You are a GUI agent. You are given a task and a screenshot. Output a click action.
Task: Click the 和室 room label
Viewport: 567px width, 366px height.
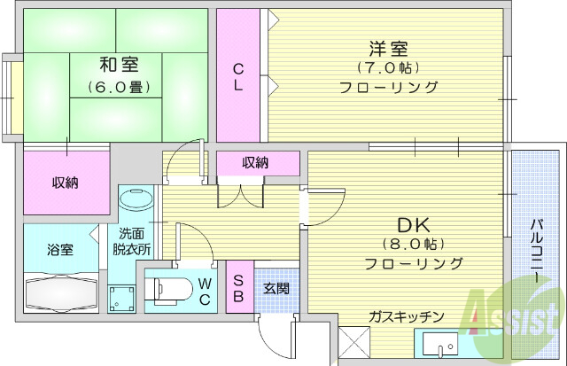[x=118, y=64]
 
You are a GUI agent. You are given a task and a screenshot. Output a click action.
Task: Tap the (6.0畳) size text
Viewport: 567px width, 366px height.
[x=118, y=87]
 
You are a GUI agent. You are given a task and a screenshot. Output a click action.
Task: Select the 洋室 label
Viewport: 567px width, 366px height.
[x=389, y=46]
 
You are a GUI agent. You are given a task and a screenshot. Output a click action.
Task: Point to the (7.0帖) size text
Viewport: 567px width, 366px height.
[x=389, y=67]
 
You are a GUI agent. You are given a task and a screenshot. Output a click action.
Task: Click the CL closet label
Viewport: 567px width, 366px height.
[x=239, y=77]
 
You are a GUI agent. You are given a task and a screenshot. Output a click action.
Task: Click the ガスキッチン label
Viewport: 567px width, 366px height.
[x=407, y=316]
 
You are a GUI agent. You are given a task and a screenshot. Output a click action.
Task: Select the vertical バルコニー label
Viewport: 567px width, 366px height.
[x=537, y=251]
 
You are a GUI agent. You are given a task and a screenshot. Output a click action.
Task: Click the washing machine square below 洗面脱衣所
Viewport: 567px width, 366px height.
[x=123, y=298]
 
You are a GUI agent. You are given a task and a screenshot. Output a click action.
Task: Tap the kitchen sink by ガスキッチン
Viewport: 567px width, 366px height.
[x=438, y=346]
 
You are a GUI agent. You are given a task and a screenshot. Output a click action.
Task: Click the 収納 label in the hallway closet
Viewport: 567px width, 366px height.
[x=256, y=162]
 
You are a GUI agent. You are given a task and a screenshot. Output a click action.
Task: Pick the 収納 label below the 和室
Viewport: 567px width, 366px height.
[x=64, y=183]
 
